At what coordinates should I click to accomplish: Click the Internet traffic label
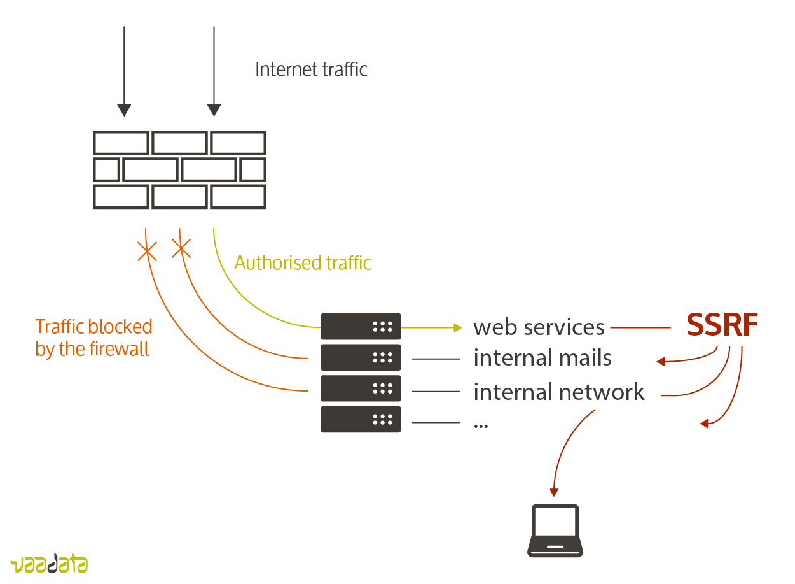311,69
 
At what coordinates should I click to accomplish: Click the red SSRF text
722,325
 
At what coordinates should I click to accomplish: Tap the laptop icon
555,531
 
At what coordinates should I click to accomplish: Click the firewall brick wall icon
179,169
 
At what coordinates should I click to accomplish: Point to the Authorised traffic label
303,263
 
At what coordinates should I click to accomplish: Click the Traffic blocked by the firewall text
93,338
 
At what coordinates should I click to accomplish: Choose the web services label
539,327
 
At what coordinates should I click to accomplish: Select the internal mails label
543,358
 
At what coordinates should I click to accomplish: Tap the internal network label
559,392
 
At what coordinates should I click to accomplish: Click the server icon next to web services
361,327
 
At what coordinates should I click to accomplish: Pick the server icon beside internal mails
361,357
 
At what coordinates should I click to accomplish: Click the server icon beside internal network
361,388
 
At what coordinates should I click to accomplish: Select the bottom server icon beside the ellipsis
361,420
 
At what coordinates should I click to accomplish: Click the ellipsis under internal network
481,425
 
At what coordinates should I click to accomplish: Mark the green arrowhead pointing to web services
457,327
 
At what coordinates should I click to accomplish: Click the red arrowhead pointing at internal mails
661,362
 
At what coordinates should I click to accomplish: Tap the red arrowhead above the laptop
554,492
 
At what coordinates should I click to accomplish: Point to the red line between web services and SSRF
640,327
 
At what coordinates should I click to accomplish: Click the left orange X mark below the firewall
147,252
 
